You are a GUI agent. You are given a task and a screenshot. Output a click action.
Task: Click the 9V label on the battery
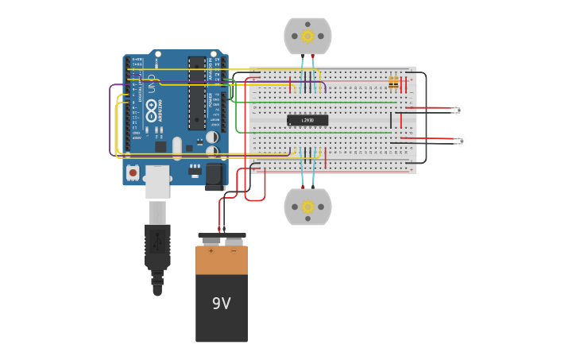(x=221, y=304)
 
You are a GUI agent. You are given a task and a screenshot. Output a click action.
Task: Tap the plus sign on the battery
(x=211, y=251)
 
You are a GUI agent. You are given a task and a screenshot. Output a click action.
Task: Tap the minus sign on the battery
(x=233, y=251)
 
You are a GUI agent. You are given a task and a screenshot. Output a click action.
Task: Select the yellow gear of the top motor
(x=308, y=36)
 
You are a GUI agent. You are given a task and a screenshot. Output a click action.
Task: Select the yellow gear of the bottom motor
(x=308, y=207)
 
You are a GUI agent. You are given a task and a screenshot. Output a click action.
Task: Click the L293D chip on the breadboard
(x=307, y=120)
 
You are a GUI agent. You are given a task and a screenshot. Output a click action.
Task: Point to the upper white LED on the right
(x=458, y=110)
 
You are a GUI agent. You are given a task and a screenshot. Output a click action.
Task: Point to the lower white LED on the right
(x=461, y=141)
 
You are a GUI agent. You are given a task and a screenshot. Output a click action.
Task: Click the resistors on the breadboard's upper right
(x=393, y=82)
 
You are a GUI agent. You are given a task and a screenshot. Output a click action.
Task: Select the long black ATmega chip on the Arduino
(x=196, y=92)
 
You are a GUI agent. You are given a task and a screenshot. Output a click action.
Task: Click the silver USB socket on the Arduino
(x=157, y=181)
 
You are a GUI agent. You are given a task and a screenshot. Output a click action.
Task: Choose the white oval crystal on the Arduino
(x=177, y=145)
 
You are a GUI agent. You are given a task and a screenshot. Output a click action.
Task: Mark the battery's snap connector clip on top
(x=222, y=239)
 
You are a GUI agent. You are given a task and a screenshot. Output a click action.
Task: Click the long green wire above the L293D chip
(x=326, y=102)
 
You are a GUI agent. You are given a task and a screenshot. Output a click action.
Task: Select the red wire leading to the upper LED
(x=429, y=108)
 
